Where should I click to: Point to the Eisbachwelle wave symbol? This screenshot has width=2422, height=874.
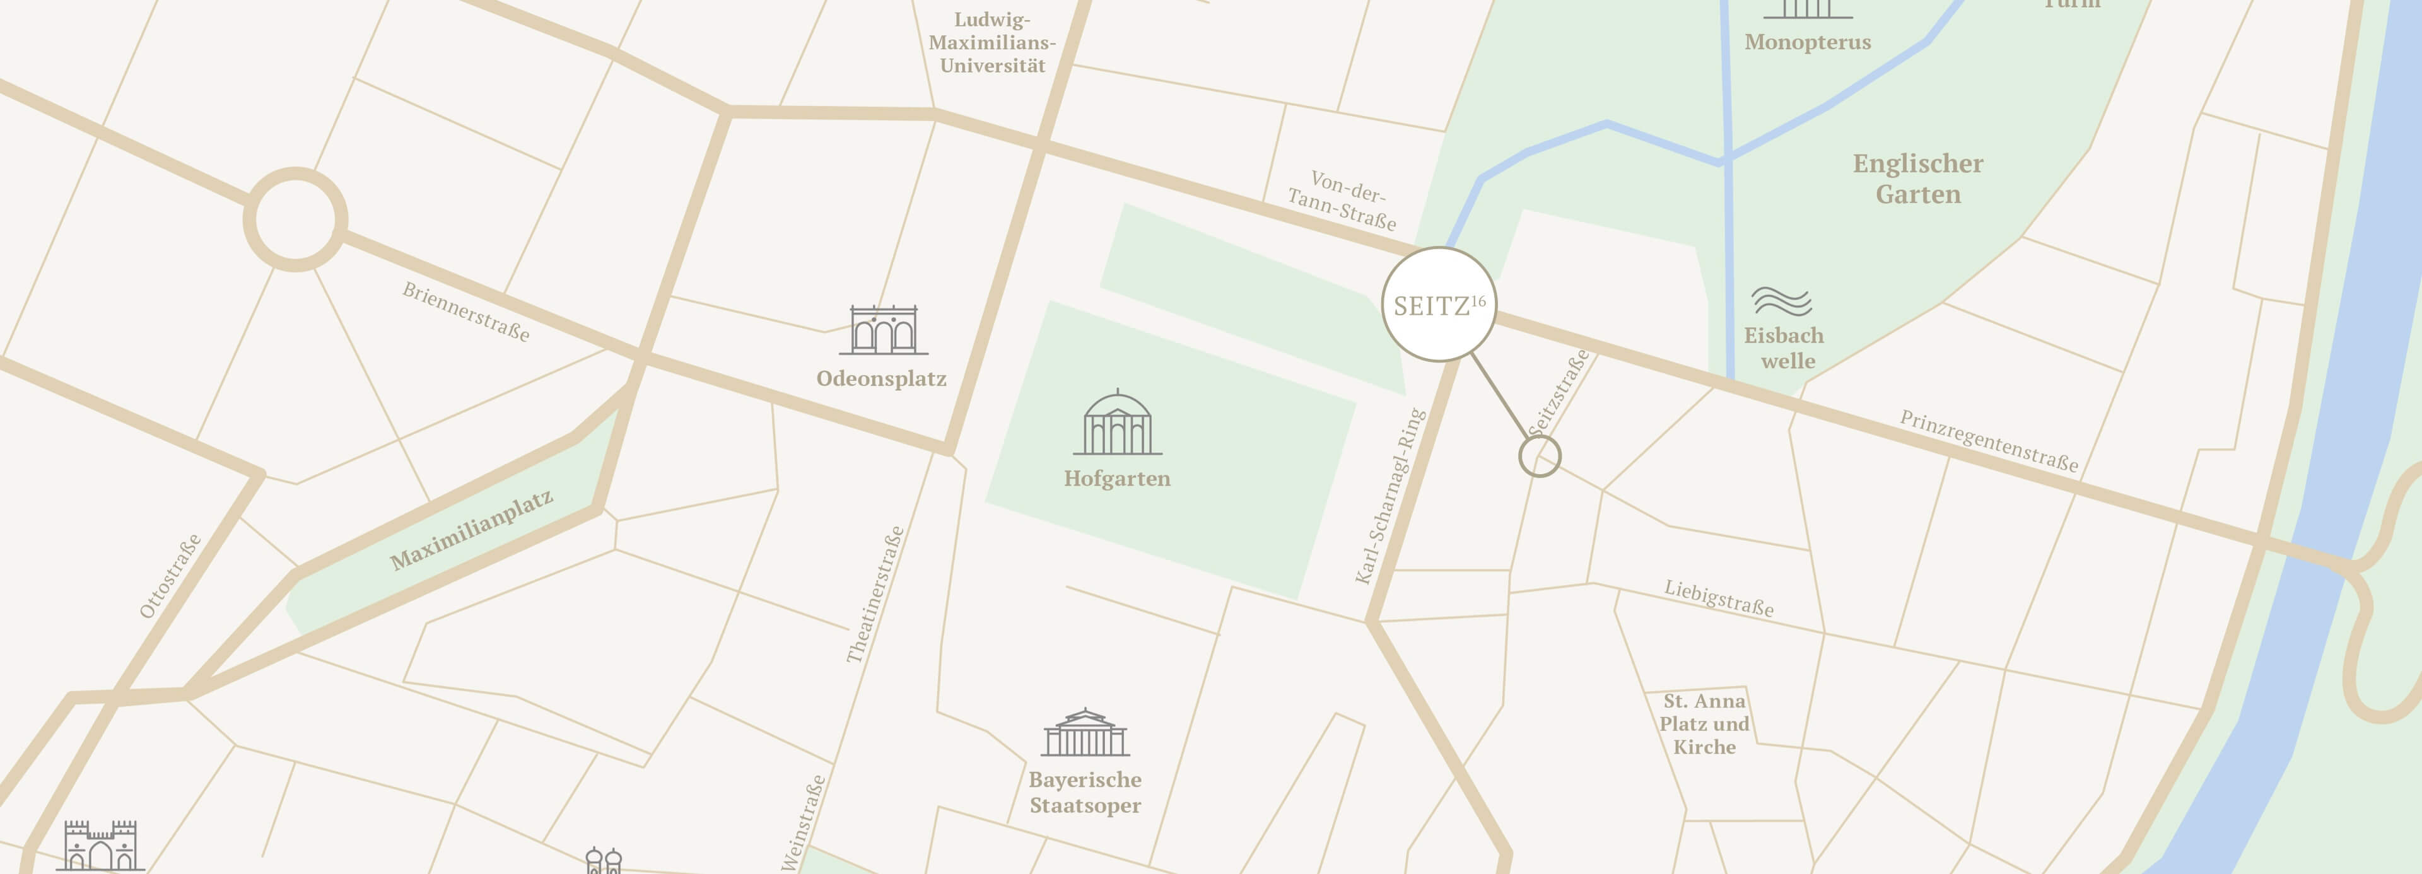pos(1781,301)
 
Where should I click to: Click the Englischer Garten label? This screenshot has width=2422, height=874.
pos(1918,178)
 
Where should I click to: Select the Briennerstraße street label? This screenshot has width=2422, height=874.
pos(466,311)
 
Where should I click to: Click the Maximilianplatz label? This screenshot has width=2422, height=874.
pos(471,530)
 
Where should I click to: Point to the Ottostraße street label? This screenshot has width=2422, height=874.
pos(170,576)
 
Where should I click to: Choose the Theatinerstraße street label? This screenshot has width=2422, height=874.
pos(875,595)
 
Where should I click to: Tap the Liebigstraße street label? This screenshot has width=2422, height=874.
pos(1719,598)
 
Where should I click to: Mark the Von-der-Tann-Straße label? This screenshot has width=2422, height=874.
pos(1343,200)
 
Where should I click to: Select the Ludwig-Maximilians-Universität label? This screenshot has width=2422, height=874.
pos(992,42)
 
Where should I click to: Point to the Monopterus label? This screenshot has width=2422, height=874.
pos(1807,42)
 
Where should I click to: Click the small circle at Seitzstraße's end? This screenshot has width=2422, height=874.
pos(1539,457)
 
